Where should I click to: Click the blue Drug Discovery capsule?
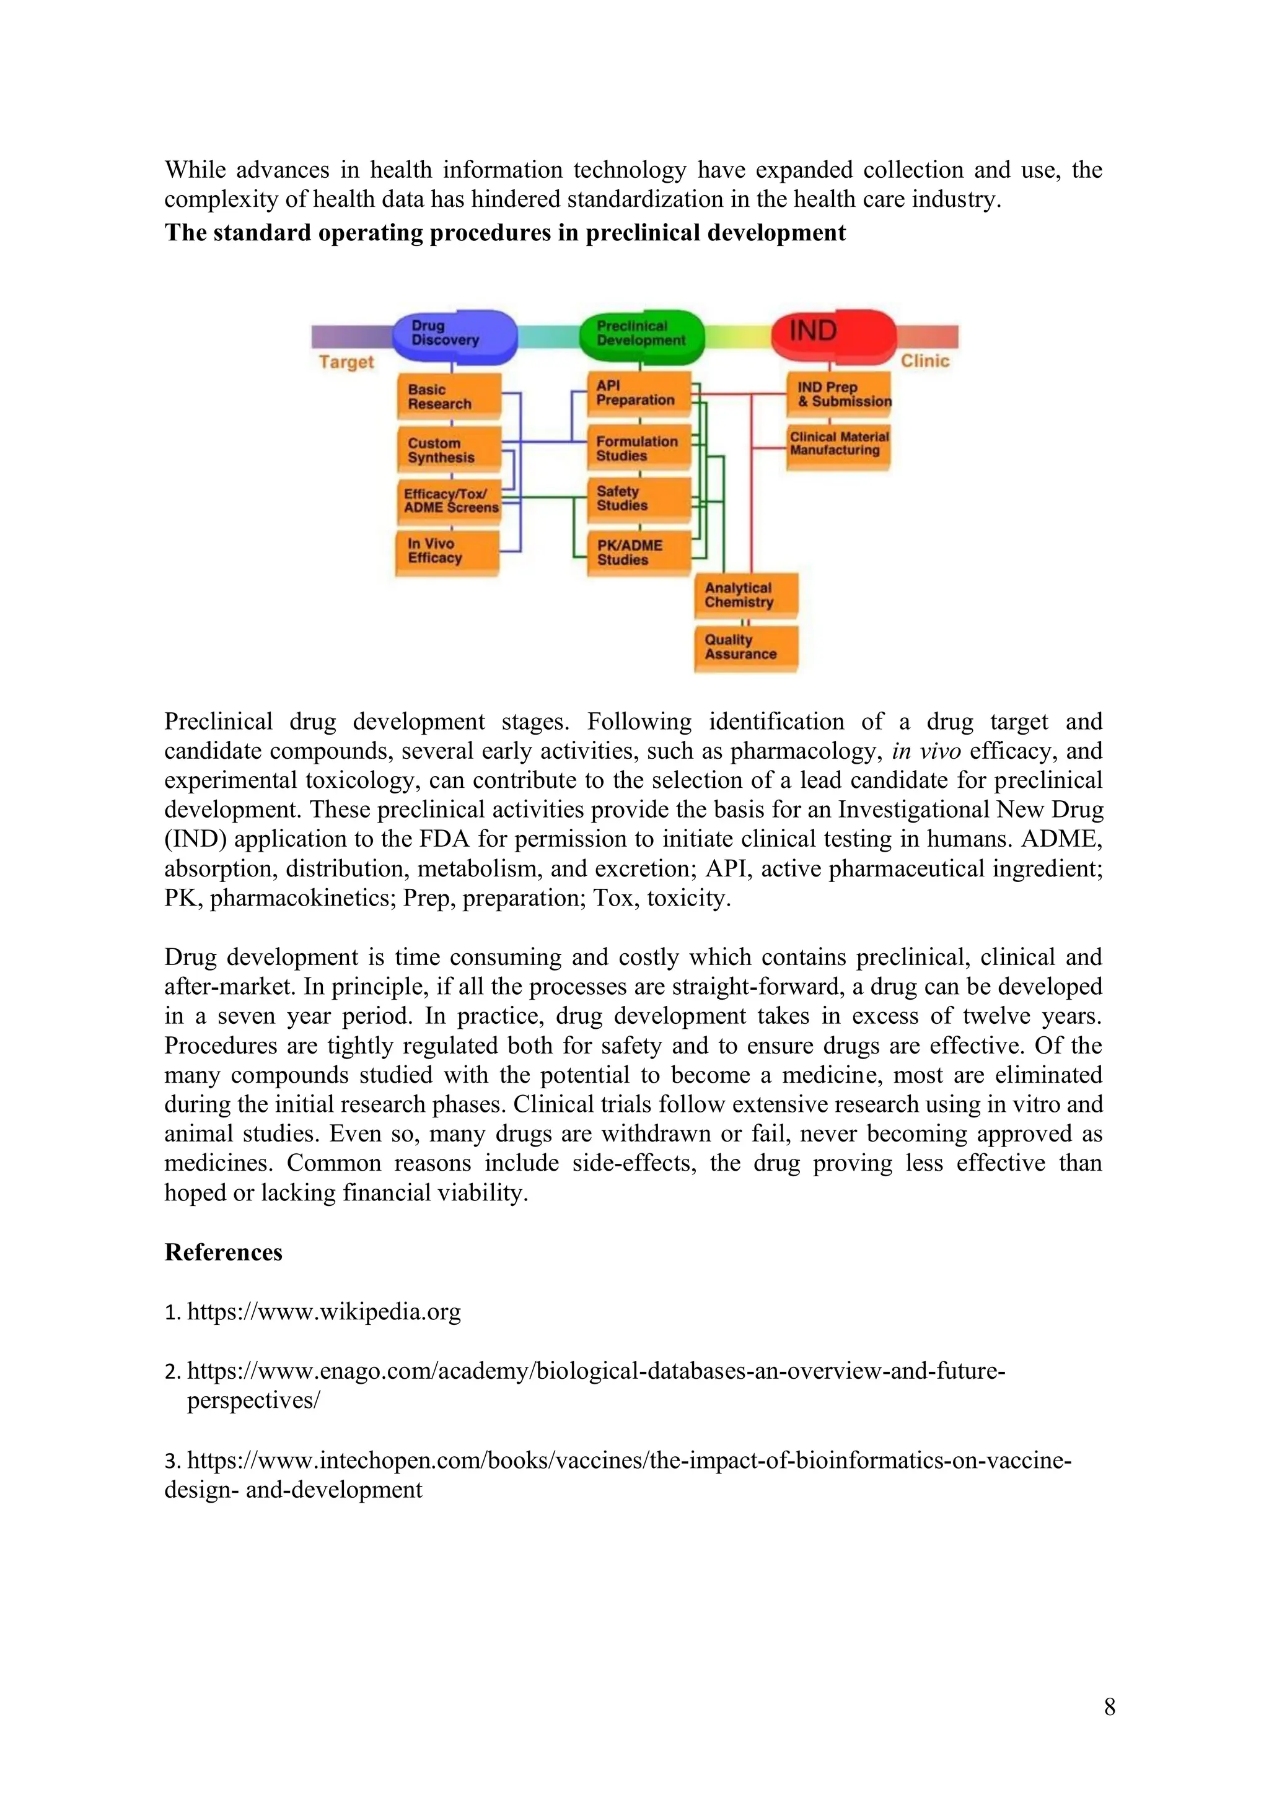click(x=454, y=334)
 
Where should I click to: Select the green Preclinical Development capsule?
click(x=641, y=334)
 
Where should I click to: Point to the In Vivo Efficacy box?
click(x=447, y=551)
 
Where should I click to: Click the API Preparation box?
click(x=639, y=393)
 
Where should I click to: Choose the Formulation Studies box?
click(x=639, y=448)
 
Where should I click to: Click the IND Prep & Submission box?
click(x=839, y=395)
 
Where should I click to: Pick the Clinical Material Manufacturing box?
click(x=839, y=445)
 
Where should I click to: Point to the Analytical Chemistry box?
click(x=746, y=596)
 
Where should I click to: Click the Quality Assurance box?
click(x=746, y=647)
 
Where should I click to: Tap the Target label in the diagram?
click(x=346, y=362)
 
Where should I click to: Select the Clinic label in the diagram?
click(x=925, y=361)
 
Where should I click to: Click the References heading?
click(x=224, y=1252)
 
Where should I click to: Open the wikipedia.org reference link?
click(x=323, y=1312)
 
